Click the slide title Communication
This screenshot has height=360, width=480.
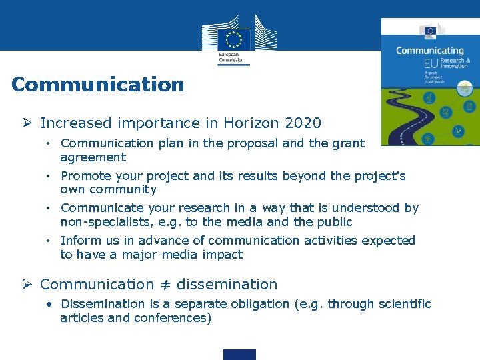coord(97,85)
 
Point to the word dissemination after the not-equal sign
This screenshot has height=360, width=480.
coord(227,285)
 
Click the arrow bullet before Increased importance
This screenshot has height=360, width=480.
coord(27,123)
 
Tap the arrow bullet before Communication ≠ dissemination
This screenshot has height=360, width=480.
coord(27,285)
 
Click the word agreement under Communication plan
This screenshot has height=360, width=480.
coord(93,157)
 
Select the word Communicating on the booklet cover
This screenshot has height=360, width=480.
coord(429,50)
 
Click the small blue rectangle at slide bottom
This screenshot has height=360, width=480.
coord(239,354)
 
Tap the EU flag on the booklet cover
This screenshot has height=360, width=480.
coord(428,30)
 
